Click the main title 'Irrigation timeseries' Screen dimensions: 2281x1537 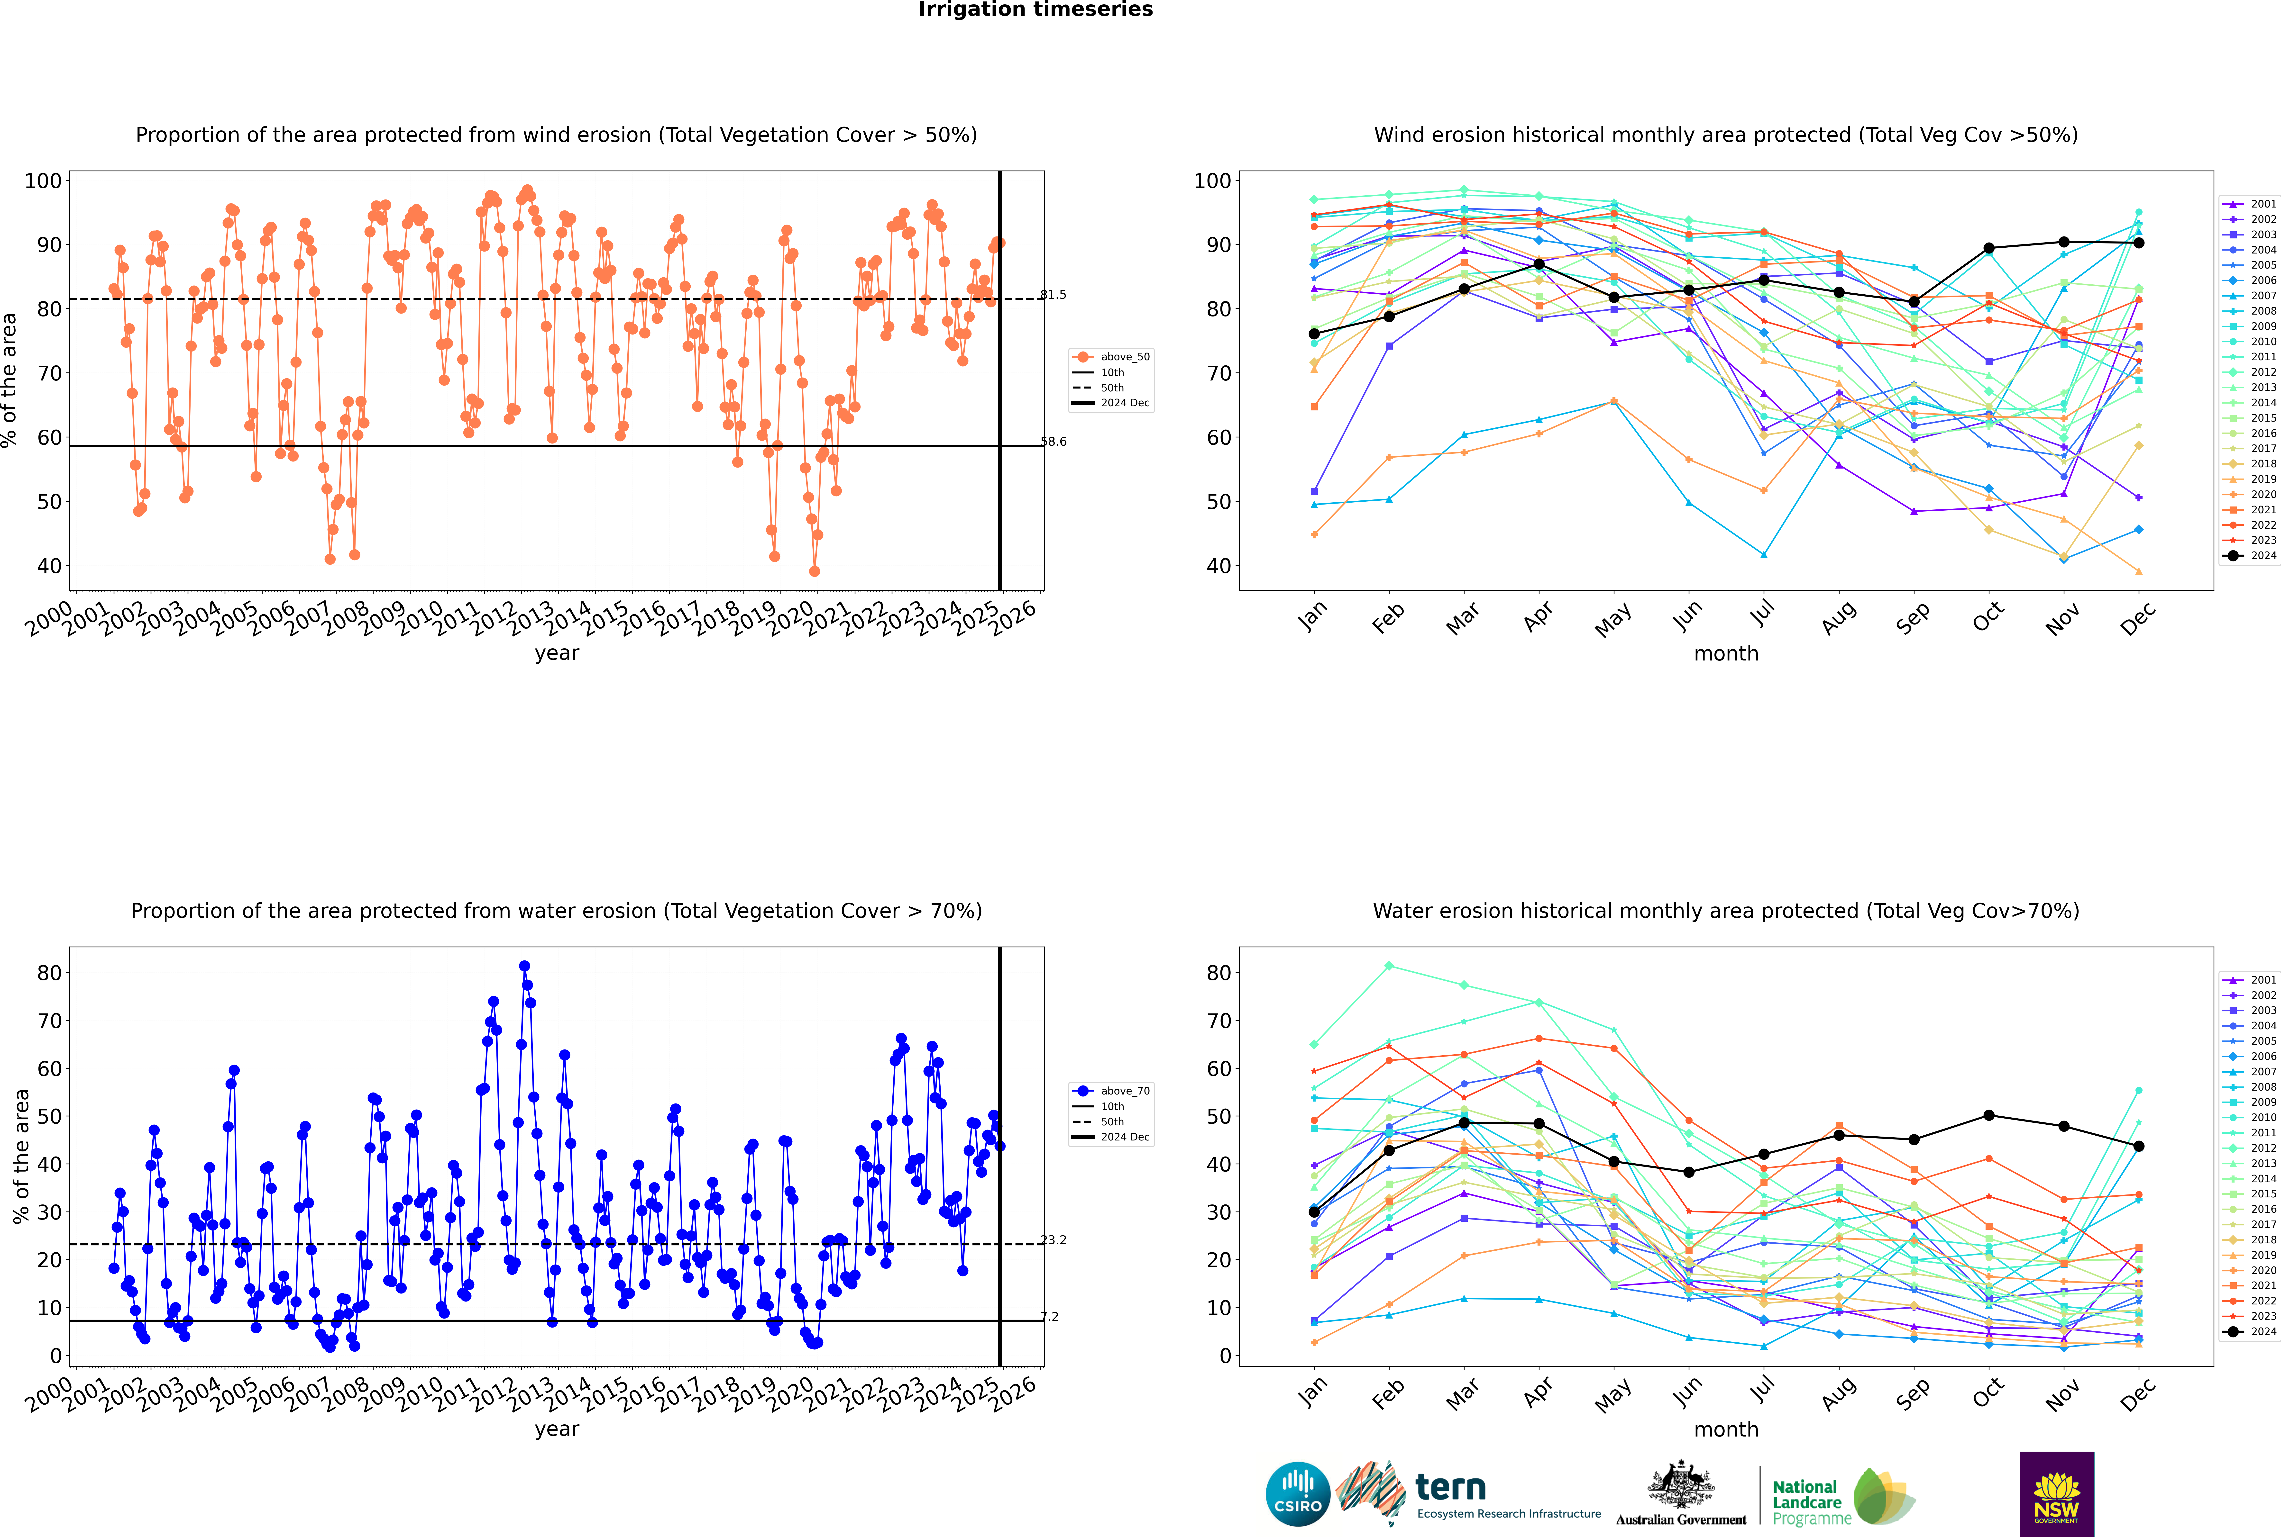(x=1035, y=10)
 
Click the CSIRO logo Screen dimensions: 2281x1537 (x=1297, y=1494)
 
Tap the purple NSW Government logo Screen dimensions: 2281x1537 (x=2056, y=1494)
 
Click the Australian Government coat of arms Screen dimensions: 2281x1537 (x=1681, y=1486)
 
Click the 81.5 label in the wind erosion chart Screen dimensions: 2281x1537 (x=1053, y=295)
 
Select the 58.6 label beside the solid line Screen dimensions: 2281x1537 (x=1053, y=442)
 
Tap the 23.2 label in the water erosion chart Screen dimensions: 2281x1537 (x=1053, y=1240)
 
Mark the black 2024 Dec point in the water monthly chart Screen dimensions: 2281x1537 (x=2139, y=1146)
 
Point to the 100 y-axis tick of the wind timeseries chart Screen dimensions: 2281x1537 (x=43, y=180)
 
